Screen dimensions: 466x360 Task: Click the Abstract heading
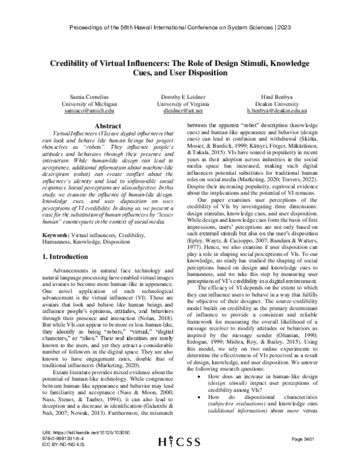104,126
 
